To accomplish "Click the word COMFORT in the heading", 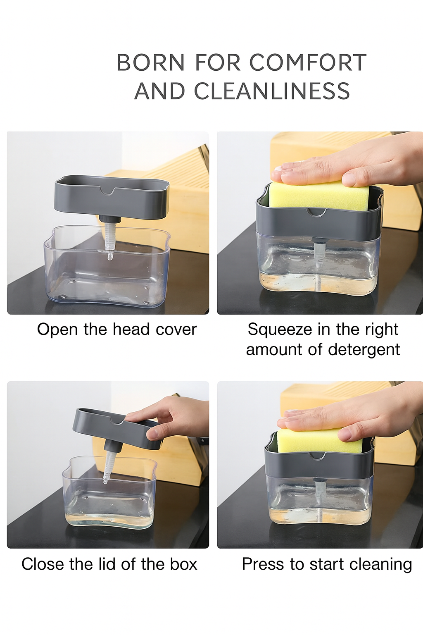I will (x=308, y=62).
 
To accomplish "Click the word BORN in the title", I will (x=150, y=62).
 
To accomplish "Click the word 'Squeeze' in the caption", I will (x=280, y=329).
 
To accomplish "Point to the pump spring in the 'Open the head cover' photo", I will (x=110, y=238).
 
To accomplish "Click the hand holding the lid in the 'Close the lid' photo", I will (x=173, y=418).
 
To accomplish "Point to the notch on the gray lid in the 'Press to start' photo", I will (x=318, y=456).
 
